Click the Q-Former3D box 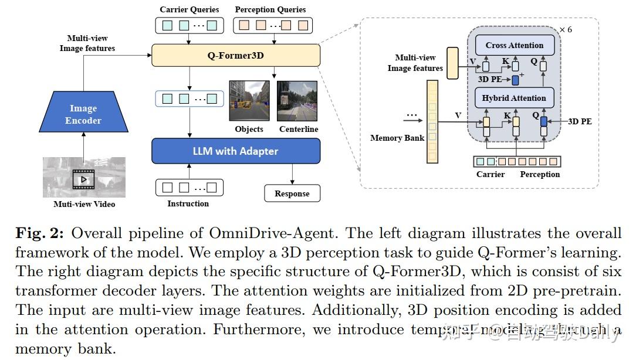[x=236, y=56]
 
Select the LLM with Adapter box [x=236, y=151]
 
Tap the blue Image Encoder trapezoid [x=83, y=114]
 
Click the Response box [x=292, y=193]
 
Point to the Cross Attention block [x=515, y=45]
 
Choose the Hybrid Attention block [x=514, y=98]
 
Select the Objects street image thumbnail [x=249, y=101]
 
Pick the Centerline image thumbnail [x=297, y=101]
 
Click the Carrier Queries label [x=189, y=9]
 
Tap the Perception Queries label [x=270, y=9]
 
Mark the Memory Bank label [x=397, y=138]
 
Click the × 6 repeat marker [x=566, y=29]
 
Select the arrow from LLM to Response [x=293, y=174]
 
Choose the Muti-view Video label [x=84, y=204]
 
